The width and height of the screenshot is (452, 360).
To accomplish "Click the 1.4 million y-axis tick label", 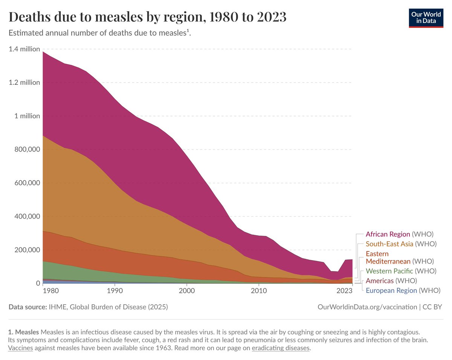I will point(24,49).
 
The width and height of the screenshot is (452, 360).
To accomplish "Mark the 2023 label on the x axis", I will point(344,291).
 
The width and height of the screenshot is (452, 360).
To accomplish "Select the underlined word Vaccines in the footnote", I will point(20,348).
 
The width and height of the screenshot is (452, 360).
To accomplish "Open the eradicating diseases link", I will point(280,348).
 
